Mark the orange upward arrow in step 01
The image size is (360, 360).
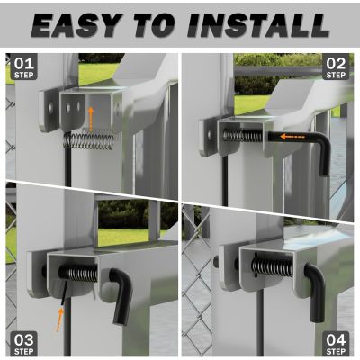90,116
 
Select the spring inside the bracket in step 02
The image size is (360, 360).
238,136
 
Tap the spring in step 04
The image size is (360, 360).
271,266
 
